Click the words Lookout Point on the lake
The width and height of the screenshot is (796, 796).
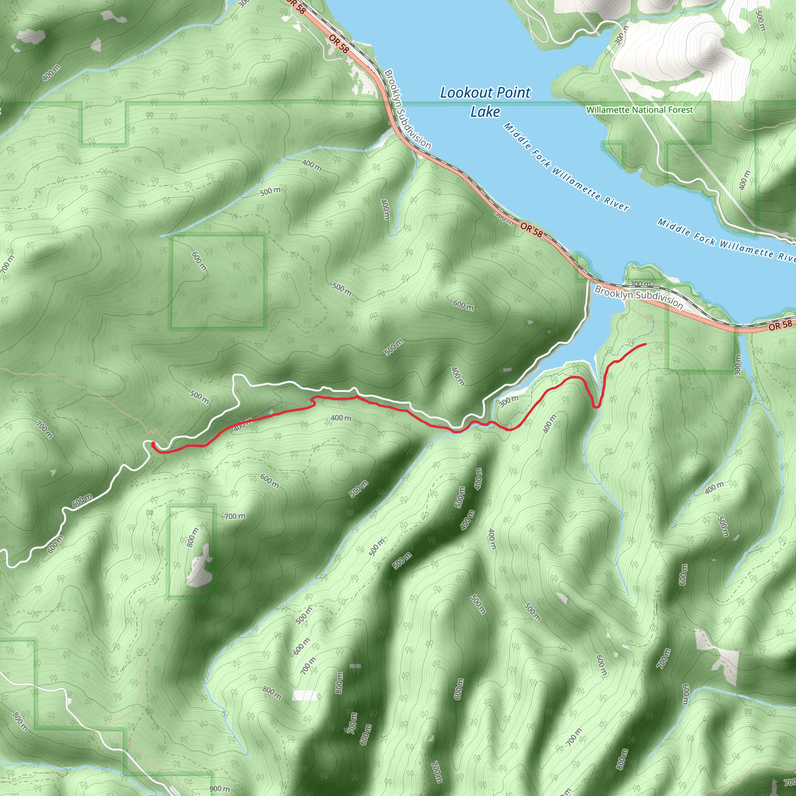[x=485, y=93]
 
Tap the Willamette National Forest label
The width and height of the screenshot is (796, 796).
[x=639, y=110]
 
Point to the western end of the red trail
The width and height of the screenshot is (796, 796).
[x=153, y=444]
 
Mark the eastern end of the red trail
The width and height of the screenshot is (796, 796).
[x=645, y=344]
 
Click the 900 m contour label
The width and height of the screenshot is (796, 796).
[x=220, y=789]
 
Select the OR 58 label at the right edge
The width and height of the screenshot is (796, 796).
[x=780, y=325]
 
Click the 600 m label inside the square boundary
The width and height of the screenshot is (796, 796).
[x=199, y=261]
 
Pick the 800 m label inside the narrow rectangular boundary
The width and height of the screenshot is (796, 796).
[x=192, y=537]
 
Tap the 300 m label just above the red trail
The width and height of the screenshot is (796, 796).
[x=508, y=401]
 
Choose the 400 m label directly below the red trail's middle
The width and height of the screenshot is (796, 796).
[x=341, y=418]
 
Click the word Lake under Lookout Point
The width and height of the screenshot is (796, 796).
[x=485, y=112]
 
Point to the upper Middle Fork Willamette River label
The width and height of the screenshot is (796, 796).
[x=567, y=167]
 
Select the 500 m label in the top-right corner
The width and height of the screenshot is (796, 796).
[x=761, y=21]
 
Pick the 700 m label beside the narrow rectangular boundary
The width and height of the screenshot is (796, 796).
[x=235, y=516]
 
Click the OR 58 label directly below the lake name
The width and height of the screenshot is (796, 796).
[x=531, y=229]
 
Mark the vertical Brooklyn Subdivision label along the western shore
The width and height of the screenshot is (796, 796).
[x=407, y=109]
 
